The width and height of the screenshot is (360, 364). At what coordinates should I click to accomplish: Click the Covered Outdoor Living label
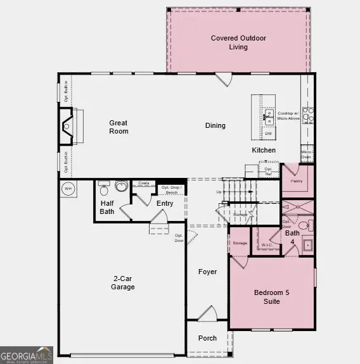click(238, 42)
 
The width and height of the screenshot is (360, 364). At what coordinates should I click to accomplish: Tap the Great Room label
click(119, 127)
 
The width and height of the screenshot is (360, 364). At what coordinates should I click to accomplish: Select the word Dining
click(215, 125)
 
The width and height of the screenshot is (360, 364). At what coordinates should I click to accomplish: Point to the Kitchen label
click(264, 150)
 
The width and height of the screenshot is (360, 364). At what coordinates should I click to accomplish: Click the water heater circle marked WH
click(68, 188)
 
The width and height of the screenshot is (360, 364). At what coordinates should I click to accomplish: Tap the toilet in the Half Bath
click(104, 187)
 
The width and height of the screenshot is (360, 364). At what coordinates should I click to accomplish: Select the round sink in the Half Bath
click(122, 186)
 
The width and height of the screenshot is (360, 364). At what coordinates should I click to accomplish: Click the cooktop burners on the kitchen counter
click(308, 115)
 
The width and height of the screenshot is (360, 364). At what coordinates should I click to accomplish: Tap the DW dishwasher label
click(269, 134)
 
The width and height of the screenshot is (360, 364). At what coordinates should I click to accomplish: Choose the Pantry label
click(297, 181)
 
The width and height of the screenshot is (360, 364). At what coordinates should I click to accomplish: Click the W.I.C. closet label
click(266, 245)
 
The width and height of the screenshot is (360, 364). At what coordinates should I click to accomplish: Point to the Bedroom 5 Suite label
click(271, 297)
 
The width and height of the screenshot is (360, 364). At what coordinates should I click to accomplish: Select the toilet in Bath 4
click(305, 225)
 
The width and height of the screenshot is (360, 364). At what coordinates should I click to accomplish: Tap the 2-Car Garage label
click(123, 283)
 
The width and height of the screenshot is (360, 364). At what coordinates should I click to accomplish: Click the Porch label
click(207, 338)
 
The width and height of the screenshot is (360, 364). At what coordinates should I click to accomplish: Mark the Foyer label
click(207, 272)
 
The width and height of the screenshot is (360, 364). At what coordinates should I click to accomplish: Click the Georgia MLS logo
click(26, 355)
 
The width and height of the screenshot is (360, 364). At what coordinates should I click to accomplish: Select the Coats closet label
click(144, 183)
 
